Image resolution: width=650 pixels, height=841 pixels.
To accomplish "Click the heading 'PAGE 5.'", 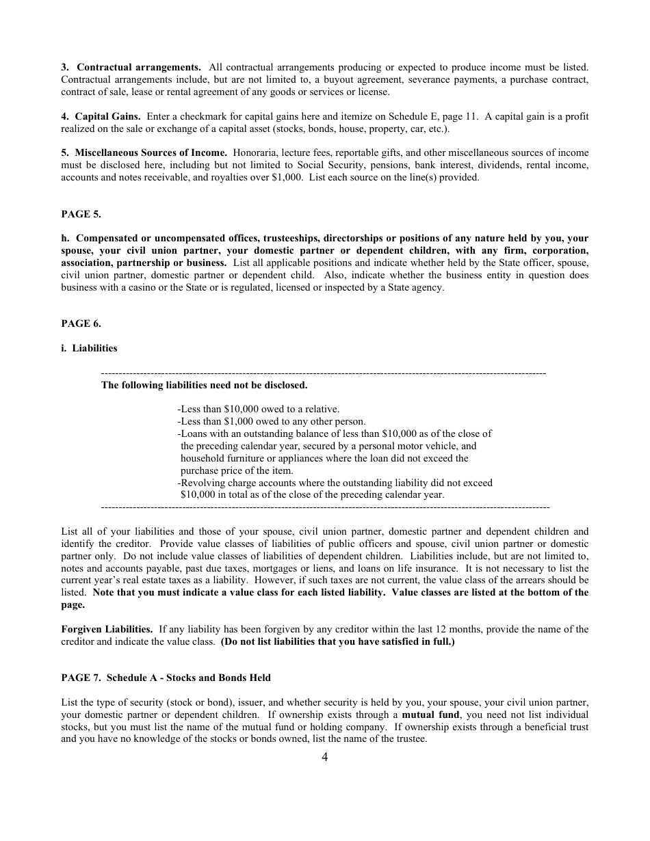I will [x=81, y=214].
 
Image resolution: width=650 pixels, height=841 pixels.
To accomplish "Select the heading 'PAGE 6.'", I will [x=81, y=323].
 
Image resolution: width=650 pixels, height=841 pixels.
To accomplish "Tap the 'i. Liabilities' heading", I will [x=89, y=348].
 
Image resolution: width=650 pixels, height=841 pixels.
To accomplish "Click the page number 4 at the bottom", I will [x=324, y=756].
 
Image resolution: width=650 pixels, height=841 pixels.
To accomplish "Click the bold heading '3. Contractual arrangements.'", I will [x=131, y=67].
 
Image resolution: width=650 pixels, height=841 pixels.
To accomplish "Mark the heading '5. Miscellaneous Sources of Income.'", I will [x=144, y=152].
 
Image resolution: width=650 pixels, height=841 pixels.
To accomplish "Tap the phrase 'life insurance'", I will [x=426, y=568].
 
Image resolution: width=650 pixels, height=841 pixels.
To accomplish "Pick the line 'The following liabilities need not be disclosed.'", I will [x=204, y=385].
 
